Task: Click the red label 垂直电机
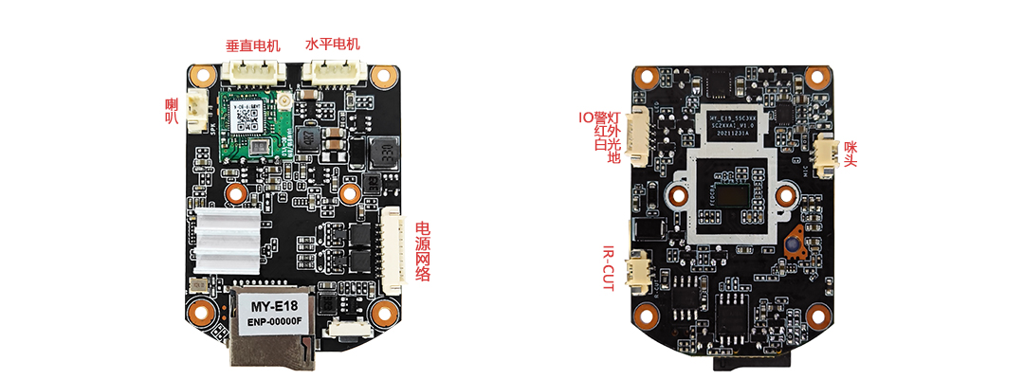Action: (253, 45)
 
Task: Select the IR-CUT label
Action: (609, 267)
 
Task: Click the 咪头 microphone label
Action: (851, 148)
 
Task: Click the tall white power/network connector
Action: (393, 244)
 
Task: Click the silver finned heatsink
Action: (228, 243)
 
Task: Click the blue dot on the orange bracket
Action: (789, 244)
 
